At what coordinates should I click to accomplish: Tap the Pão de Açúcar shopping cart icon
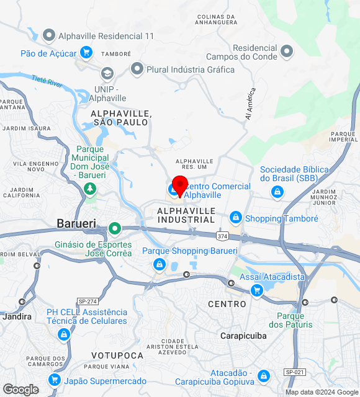86,53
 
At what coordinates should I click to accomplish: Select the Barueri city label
76,223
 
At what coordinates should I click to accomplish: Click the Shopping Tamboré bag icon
235,218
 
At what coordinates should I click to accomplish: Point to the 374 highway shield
222,236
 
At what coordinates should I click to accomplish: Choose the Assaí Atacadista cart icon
256,290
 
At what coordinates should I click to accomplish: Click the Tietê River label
47,81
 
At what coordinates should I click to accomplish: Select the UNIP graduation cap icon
107,74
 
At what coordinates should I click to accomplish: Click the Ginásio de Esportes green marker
115,229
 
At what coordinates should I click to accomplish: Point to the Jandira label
17,316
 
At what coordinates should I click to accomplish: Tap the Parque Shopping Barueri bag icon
160,265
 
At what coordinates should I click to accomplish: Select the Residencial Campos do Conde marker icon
286,50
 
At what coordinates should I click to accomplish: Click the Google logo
20,389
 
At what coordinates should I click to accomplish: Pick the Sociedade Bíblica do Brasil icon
277,192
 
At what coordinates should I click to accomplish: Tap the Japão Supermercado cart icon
55,380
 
